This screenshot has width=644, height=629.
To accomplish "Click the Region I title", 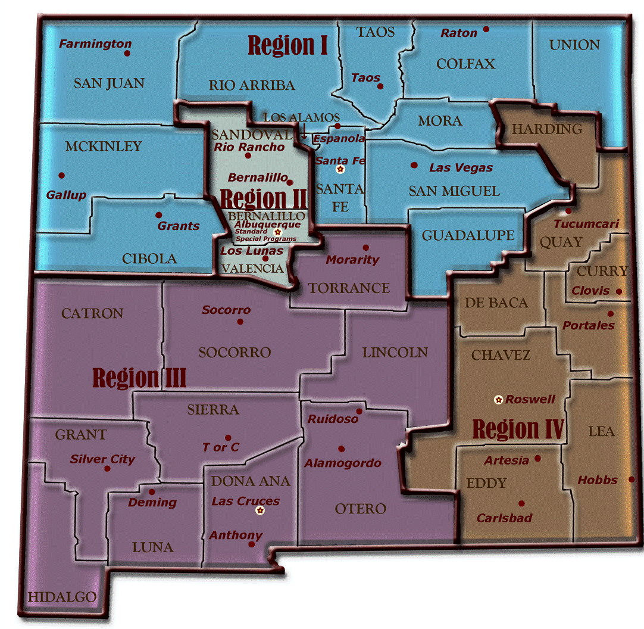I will (287, 45).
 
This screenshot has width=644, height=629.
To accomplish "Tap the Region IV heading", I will (518, 429).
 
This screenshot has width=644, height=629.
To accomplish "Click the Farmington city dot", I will (127, 53).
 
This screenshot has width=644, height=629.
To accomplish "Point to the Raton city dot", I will (486, 29).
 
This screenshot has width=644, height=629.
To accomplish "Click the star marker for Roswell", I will (498, 399).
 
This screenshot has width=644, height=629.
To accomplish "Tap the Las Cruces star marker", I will (260, 510).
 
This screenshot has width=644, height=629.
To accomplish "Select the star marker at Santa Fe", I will (340, 169).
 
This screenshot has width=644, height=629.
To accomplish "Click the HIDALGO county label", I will (62, 597).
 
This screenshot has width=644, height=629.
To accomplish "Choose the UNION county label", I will (574, 45).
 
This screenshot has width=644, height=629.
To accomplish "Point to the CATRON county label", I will (92, 313).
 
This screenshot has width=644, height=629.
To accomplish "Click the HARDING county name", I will (546, 129).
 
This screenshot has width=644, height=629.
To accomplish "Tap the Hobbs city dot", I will (632, 479).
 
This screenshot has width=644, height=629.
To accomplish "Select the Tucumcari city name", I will (586, 224).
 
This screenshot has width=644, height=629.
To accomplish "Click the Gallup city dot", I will (61, 175).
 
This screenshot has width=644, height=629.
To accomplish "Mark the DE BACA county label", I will (496, 303).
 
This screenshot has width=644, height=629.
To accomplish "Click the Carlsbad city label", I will (504, 518).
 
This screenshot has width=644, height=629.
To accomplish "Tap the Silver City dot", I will (107, 468).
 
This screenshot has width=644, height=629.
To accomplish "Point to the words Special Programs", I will (265, 239).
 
